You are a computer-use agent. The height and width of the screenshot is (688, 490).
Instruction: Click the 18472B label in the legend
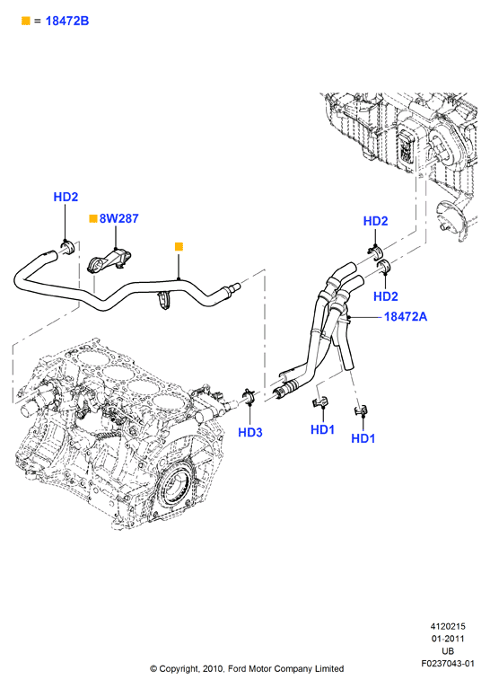point(67,21)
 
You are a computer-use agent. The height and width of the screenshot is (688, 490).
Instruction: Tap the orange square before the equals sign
point(26,21)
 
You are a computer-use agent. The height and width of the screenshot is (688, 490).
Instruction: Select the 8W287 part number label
point(118,218)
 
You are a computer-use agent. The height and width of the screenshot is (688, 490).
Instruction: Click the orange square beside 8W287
point(93,218)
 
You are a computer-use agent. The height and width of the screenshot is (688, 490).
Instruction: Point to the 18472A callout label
point(406,316)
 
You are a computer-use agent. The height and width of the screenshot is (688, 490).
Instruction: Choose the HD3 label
point(250,432)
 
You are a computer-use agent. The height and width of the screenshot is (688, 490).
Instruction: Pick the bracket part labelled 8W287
point(110,261)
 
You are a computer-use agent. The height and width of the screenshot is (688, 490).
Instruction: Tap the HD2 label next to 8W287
point(66,197)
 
